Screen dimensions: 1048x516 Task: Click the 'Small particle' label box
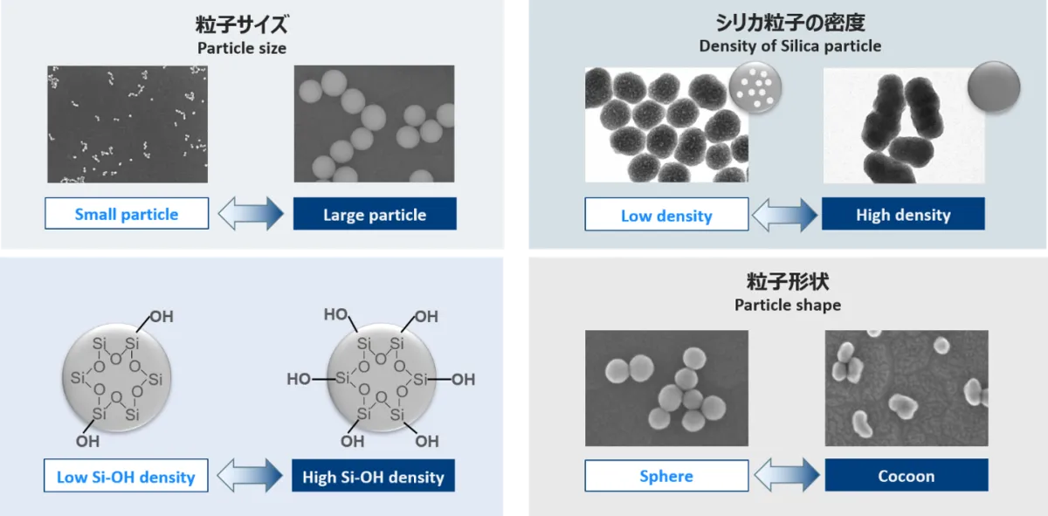click(x=127, y=213)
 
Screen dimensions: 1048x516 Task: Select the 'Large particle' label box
click(x=375, y=214)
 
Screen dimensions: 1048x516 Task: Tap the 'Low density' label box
click(x=666, y=214)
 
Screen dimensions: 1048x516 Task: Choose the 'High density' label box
click(x=903, y=214)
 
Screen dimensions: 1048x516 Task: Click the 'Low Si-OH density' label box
click(x=126, y=475)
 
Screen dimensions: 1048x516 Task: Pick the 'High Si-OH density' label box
click(x=374, y=475)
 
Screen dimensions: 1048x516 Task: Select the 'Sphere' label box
click(x=666, y=475)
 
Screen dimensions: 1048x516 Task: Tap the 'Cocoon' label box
click(x=907, y=475)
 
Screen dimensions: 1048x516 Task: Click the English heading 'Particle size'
click(x=242, y=48)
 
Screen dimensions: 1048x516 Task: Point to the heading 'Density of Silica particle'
click(x=790, y=46)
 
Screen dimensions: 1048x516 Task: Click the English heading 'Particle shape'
click(x=788, y=305)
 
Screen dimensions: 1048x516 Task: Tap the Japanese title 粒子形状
click(x=788, y=282)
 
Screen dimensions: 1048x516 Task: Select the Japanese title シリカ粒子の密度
click(x=790, y=23)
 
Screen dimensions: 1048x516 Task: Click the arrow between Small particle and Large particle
click(x=251, y=213)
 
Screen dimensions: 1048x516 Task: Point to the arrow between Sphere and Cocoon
click(x=787, y=475)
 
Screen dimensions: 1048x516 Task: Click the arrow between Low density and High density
click(x=785, y=215)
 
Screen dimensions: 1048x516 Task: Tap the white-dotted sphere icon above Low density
click(x=755, y=87)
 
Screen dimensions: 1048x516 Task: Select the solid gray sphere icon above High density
click(x=994, y=86)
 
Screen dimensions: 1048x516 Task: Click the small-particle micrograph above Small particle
click(x=128, y=124)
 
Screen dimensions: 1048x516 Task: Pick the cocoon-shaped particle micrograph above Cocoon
click(x=907, y=389)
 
